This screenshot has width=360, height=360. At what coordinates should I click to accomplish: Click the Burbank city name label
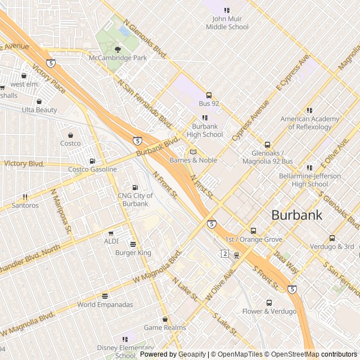point(297,214)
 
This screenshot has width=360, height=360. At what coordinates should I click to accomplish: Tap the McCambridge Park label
point(118,58)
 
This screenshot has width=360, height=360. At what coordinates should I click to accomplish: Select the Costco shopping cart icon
point(70,136)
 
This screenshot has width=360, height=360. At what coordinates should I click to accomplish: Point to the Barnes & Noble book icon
point(193,152)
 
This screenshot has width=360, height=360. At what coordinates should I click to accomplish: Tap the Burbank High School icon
point(204,118)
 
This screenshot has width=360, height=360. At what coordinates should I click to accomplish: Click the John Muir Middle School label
point(227,23)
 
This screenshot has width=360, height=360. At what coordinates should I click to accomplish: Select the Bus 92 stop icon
point(209,95)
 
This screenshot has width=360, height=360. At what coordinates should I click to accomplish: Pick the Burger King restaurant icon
point(133,245)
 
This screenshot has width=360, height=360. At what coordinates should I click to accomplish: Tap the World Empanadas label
point(105,305)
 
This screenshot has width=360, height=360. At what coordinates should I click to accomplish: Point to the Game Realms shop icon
point(165,319)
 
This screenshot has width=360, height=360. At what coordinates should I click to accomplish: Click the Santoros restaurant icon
point(25,197)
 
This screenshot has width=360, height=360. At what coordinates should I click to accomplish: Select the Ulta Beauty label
point(39,110)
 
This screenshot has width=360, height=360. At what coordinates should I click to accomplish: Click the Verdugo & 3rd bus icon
point(332,238)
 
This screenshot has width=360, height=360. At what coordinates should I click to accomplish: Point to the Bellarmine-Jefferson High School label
point(310,180)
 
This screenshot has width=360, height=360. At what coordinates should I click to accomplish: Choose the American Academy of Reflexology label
point(310,123)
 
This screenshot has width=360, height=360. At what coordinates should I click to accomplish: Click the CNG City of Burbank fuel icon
point(134,187)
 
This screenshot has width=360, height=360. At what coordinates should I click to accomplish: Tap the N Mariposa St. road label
point(61,210)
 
